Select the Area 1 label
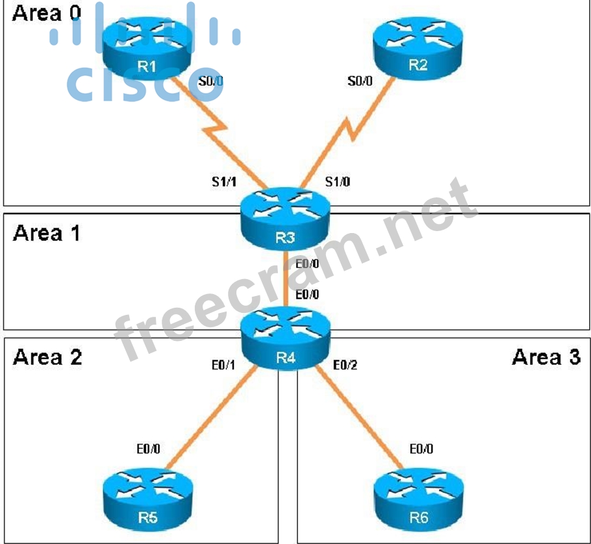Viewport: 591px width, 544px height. click(x=46, y=232)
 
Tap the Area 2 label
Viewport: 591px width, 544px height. click(x=47, y=356)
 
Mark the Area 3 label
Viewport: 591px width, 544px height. click(x=546, y=356)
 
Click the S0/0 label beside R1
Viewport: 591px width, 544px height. click(x=211, y=82)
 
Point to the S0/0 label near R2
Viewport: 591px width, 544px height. click(x=360, y=82)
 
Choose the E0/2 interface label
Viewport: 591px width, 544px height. click(x=344, y=365)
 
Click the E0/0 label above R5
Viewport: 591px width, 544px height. click(x=149, y=448)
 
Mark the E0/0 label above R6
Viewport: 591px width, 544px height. click(x=421, y=448)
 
